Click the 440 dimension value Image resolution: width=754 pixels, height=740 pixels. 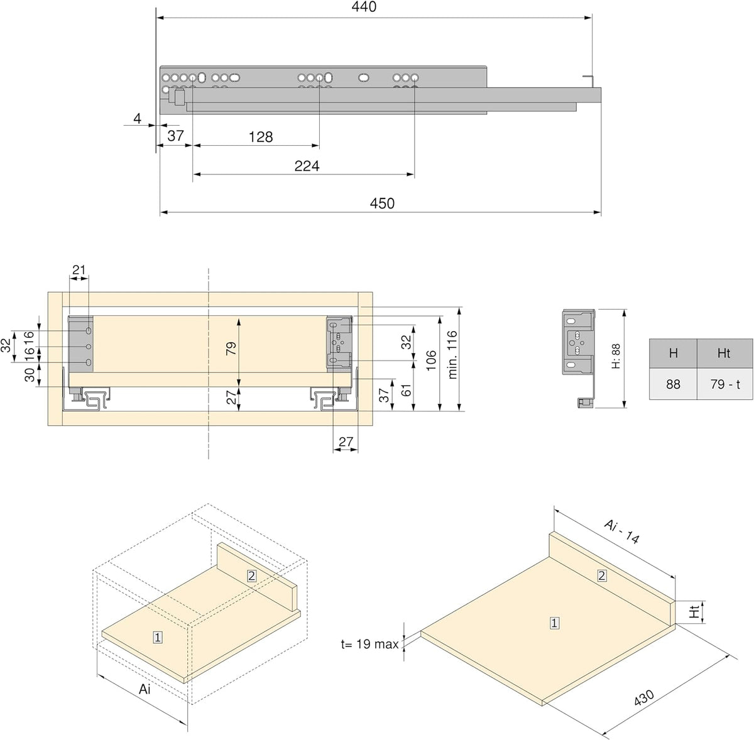[364, 7]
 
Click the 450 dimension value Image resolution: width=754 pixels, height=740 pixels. [382, 204]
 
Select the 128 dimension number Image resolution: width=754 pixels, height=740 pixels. [261, 137]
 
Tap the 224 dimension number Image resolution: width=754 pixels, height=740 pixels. [307, 166]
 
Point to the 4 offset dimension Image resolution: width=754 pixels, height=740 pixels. [137, 118]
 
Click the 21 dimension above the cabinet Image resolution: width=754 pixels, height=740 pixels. [79, 269]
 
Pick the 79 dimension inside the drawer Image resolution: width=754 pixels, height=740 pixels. [231, 348]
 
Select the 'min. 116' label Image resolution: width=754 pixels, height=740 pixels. [452, 355]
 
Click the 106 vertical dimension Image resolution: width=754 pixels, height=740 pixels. [431, 361]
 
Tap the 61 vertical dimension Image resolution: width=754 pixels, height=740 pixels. [407, 390]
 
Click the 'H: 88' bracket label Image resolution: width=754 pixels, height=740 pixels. [616, 357]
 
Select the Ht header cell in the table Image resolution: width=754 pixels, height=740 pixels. [724, 353]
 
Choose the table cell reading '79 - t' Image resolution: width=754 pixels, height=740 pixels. [724, 384]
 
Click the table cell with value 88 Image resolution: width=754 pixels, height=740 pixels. [673, 384]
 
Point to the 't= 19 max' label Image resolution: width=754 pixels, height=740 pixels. [369, 644]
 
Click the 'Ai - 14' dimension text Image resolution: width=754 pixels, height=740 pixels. [621, 531]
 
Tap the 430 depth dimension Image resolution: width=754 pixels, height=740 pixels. [644, 698]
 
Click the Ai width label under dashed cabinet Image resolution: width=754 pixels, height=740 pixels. [145, 689]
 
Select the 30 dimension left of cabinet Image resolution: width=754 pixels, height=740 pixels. [30, 375]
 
